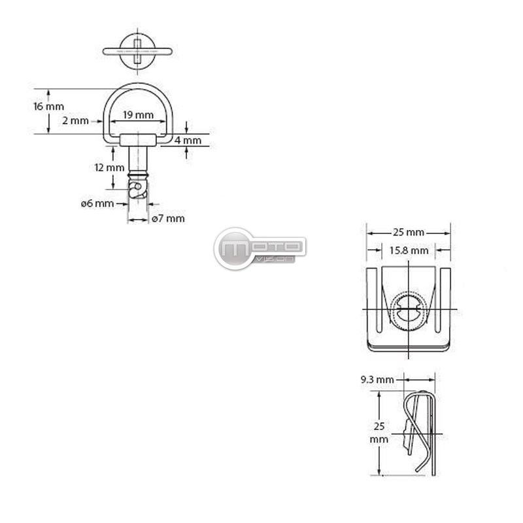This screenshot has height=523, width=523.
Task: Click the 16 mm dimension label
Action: click(x=48, y=107)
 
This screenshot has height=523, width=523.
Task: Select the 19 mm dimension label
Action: click(x=139, y=115)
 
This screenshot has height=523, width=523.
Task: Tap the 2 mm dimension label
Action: click(x=75, y=121)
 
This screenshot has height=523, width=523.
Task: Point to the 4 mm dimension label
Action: click(x=188, y=141)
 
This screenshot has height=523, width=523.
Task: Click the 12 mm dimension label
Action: click(x=109, y=167)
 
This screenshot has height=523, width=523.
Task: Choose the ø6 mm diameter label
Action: click(x=97, y=203)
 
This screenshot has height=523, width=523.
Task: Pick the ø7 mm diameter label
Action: click(x=168, y=219)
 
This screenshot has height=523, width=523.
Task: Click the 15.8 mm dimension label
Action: click(x=409, y=250)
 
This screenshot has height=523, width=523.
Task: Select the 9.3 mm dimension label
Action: click(x=377, y=380)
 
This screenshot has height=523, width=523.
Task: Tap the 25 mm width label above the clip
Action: click(x=408, y=232)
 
